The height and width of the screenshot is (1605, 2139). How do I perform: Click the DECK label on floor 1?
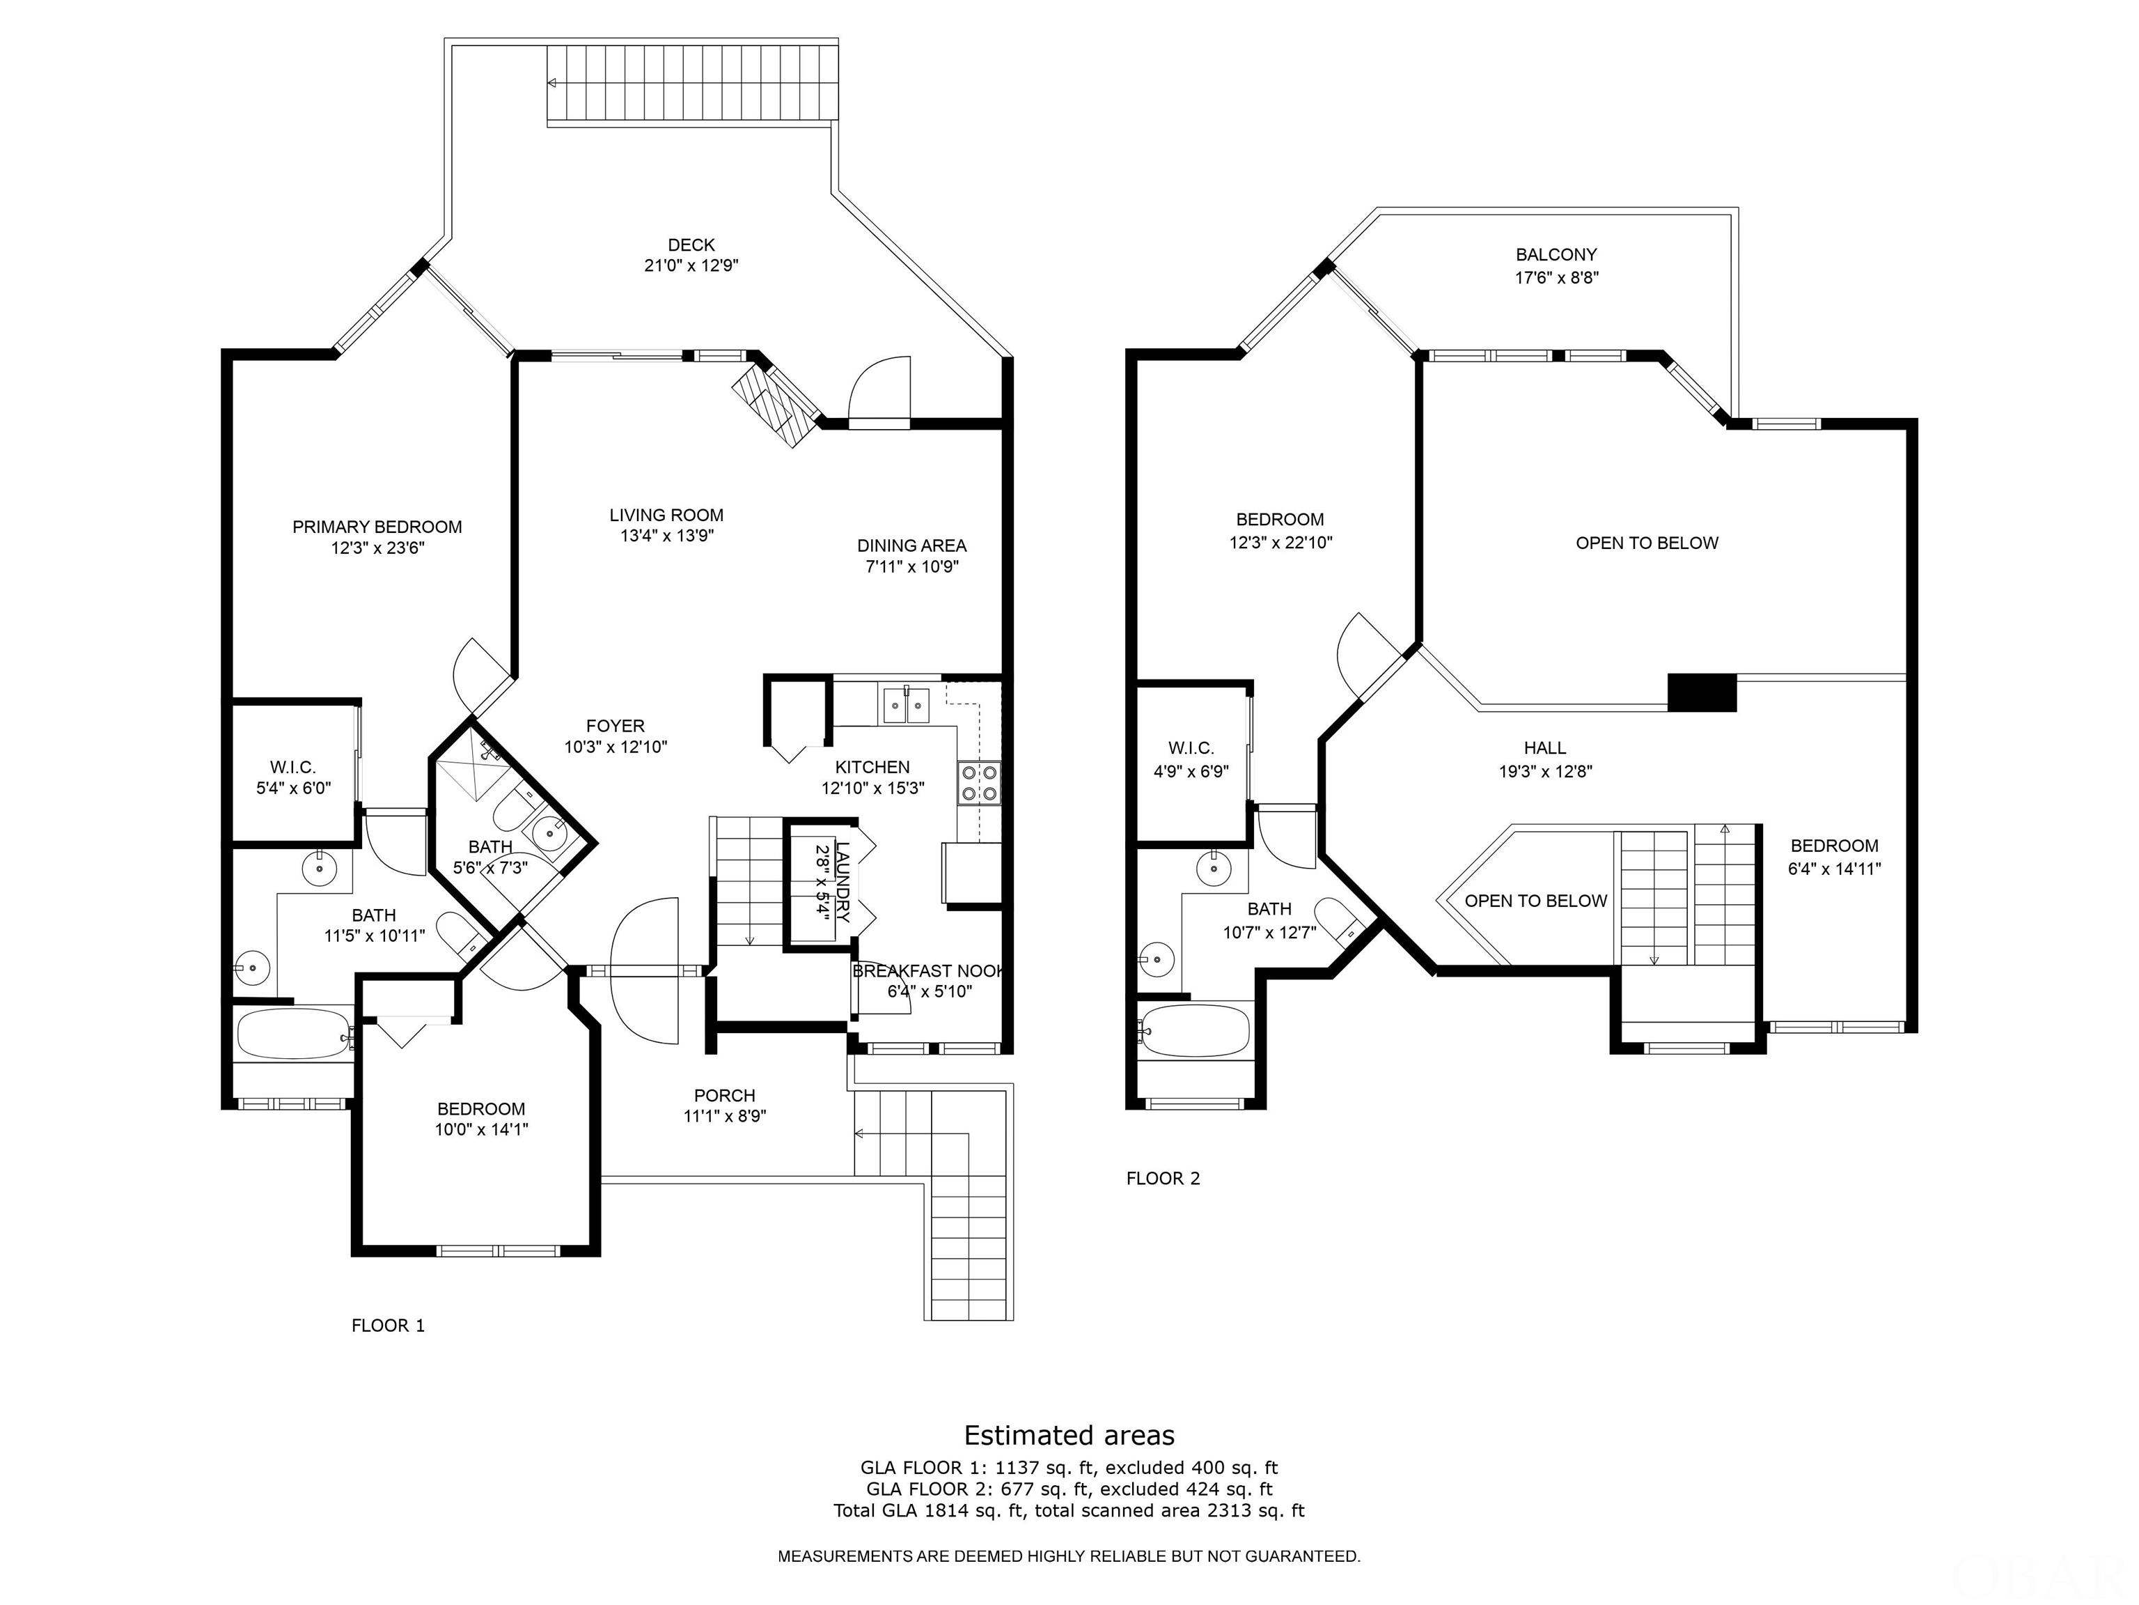(x=691, y=245)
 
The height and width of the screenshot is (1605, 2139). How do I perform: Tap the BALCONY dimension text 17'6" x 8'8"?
(x=1556, y=278)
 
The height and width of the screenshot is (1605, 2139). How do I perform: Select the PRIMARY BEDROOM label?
(x=377, y=527)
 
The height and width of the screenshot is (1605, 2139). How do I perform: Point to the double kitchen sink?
(x=905, y=704)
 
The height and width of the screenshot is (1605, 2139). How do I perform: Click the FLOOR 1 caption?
(x=388, y=1326)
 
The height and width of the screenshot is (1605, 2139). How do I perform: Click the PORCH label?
(x=724, y=1095)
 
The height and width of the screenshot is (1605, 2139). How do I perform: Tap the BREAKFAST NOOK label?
(x=928, y=970)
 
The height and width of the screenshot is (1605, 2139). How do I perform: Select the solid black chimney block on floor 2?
(x=1702, y=692)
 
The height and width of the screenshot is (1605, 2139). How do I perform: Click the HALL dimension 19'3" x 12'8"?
(x=1544, y=771)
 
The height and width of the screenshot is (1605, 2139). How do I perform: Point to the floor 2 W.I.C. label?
(x=1191, y=748)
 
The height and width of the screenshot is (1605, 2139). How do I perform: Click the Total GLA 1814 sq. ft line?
(x=1069, y=1510)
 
